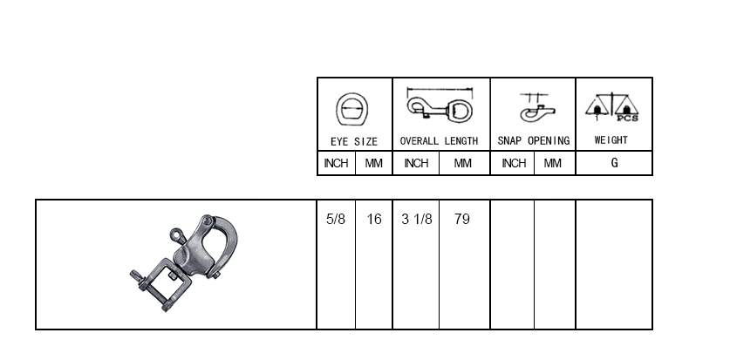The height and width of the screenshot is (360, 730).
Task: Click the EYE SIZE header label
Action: [354, 141]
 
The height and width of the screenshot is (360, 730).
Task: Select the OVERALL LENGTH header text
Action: [439, 141]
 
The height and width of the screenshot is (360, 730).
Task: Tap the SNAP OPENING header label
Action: [534, 141]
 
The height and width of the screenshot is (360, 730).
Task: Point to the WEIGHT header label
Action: [611, 140]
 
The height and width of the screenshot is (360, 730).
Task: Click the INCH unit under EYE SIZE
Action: [336, 163]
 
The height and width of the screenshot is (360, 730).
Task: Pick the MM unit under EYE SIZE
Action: [373, 163]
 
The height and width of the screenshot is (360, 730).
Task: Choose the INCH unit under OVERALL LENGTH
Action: [416, 163]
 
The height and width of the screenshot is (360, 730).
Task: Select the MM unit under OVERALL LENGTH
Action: [462, 163]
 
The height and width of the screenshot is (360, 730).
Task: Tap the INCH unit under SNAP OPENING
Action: [514, 163]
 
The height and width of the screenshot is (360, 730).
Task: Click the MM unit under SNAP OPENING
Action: [553, 163]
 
